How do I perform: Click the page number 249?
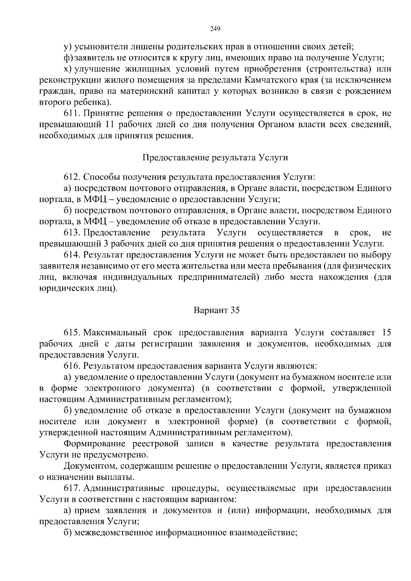215,29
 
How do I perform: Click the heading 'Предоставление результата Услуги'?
215,157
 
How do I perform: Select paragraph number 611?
72,113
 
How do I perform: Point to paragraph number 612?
72,177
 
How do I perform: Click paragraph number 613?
72,233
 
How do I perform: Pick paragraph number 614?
72,255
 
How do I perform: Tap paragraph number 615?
72,332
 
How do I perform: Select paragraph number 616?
72,366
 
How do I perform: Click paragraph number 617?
72,488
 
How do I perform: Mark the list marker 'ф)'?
68,58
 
